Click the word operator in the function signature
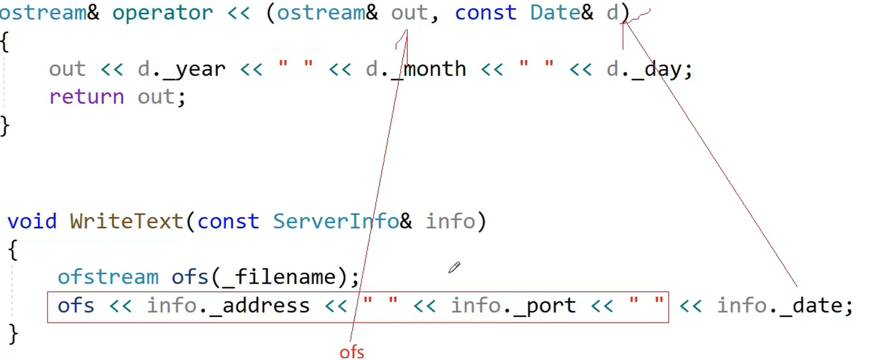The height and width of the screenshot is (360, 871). point(162,12)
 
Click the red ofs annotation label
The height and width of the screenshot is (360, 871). point(352,352)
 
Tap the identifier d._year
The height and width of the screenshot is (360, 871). point(181,69)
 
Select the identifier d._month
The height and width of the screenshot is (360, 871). point(416,69)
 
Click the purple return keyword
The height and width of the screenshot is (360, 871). point(86,97)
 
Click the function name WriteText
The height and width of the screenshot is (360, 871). point(127,221)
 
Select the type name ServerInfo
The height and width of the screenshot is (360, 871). point(336,221)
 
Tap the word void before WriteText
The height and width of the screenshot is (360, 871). point(32,221)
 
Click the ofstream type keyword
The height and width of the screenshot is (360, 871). point(108,277)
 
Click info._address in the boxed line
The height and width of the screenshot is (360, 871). point(228,305)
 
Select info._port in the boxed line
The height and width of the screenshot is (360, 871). point(513,305)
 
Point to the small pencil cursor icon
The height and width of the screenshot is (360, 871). point(454,267)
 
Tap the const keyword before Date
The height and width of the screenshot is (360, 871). point(485,12)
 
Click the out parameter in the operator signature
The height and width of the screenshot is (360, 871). point(409,12)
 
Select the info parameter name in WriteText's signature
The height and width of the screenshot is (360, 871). point(450,221)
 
